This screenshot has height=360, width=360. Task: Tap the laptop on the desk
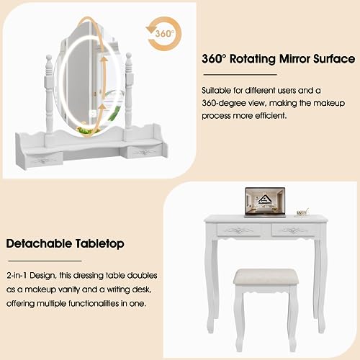[x=265, y=202]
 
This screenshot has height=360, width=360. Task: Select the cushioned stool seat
[x=266, y=279]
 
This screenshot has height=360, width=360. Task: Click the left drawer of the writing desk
[x=238, y=230]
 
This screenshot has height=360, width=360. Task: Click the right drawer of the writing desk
[x=294, y=230]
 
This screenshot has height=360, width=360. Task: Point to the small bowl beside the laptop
[x=302, y=212]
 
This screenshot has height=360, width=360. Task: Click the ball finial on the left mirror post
[x=49, y=58]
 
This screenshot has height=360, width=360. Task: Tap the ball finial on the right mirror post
[x=129, y=56]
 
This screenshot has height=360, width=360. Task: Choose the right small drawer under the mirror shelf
[x=144, y=152]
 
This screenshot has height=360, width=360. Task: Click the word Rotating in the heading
[x=253, y=59]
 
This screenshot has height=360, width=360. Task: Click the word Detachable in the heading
[x=39, y=243]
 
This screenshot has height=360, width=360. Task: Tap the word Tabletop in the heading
[x=100, y=244]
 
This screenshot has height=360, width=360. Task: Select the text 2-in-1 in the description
[x=17, y=275]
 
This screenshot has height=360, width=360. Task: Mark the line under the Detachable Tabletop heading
[x=45, y=261]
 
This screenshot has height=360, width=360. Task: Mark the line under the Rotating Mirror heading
[x=240, y=75]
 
